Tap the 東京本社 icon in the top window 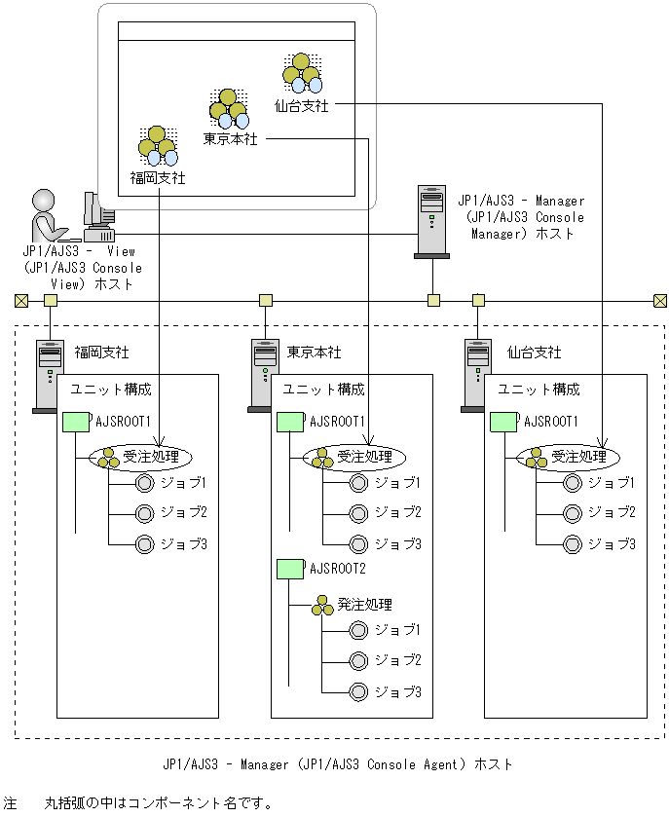click(229, 108)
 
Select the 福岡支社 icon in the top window click(158, 145)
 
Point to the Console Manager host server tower click(431, 222)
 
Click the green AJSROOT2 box click(290, 567)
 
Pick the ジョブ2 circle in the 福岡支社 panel click(145, 513)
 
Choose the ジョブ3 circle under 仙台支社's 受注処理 click(573, 543)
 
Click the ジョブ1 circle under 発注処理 click(358, 631)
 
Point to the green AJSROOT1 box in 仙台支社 click(502, 423)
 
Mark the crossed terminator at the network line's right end click(660, 300)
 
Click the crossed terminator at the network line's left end click(19, 300)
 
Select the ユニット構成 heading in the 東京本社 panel click(323, 390)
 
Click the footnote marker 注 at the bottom click(10, 803)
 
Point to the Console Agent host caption click(337, 765)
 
